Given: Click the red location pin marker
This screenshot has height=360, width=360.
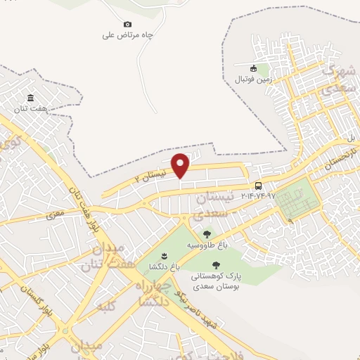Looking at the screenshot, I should pos(181,165).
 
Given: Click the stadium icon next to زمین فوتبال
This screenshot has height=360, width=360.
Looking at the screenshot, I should pos(252,69).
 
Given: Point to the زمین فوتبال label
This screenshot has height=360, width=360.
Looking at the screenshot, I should pos(252,79).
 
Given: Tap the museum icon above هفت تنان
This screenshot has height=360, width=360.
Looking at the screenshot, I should pos(30,98).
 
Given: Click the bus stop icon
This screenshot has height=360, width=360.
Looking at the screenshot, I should pos(259,186).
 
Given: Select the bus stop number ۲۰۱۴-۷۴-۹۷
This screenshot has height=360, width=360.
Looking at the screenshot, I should pos(259,195).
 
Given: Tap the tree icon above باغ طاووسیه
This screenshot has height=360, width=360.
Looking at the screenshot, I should pos(206,234).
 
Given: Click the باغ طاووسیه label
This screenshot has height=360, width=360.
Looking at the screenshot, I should pos(206,245).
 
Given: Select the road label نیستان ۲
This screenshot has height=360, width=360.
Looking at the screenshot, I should pos(151,174).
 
